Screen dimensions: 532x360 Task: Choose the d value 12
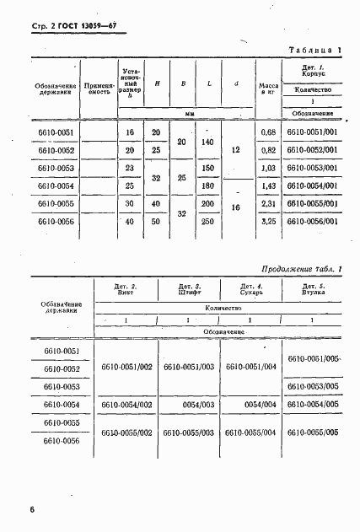click(237, 150)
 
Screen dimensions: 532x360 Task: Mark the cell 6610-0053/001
click(313, 168)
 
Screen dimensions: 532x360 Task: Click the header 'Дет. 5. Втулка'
click(313, 291)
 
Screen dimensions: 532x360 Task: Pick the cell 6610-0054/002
click(126, 405)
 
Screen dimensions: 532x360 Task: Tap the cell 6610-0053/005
click(313, 386)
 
